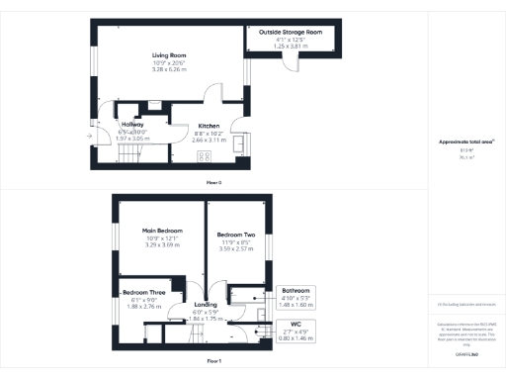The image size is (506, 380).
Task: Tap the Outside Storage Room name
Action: (x=291, y=33)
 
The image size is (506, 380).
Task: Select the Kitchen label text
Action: (x=209, y=127)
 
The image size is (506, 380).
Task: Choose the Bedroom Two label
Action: (x=236, y=235)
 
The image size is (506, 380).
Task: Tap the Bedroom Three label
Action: (x=144, y=293)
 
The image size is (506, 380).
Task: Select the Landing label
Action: (x=206, y=305)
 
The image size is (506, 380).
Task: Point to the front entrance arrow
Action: (x=89, y=136)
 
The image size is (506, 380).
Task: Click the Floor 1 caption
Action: (x=213, y=362)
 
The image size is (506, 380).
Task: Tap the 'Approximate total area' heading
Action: (x=466, y=142)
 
